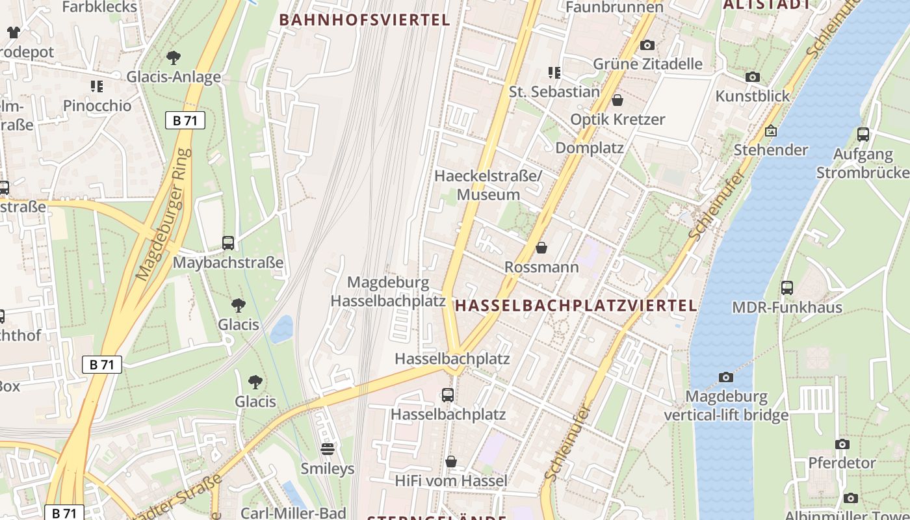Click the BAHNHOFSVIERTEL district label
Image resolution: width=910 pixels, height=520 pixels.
coord(365,20)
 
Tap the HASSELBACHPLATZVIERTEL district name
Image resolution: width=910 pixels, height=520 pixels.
coord(576,305)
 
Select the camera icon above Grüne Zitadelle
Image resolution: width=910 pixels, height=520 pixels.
coord(647,45)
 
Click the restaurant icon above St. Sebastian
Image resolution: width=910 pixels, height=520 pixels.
coord(554,72)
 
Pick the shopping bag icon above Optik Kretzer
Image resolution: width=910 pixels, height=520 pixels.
coord(617,100)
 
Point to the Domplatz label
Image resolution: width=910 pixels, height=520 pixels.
coord(589,148)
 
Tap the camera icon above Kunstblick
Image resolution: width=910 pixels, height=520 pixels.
coord(752,77)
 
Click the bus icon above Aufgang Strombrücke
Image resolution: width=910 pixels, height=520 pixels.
coord(863,135)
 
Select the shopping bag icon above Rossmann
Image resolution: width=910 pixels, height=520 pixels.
coord(541,248)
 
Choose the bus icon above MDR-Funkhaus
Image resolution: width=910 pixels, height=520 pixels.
coord(786,287)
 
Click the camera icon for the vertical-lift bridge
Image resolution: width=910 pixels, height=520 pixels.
coord(725,377)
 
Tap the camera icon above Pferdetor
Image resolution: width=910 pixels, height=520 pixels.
coord(842,444)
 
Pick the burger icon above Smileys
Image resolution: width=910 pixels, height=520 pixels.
coord(327,448)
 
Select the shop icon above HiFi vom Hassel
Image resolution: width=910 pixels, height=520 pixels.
coord(450,461)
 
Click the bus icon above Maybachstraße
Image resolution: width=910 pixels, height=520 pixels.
coord(227,243)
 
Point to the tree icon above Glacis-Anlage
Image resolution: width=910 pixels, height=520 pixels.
coord(173,58)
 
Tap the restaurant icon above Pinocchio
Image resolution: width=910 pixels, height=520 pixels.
coord(97,86)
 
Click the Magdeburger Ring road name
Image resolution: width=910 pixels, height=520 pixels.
coord(164,215)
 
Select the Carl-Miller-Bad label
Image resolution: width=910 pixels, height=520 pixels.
coord(293,513)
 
